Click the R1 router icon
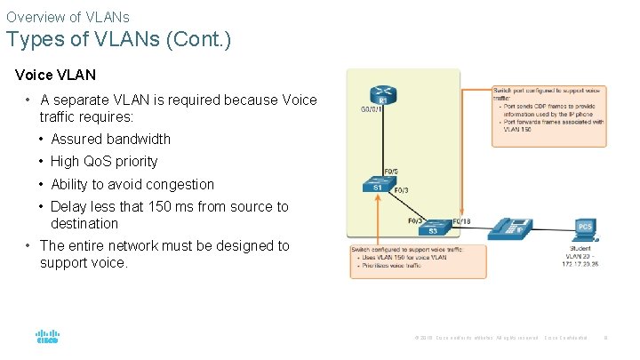(x=382, y=96)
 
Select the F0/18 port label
(x=462, y=221)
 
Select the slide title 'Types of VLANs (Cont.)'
(x=118, y=40)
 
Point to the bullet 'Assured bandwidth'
(x=110, y=139)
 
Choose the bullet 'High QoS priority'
(x=104, y=161)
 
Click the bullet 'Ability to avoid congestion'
(x=132, y=184)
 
